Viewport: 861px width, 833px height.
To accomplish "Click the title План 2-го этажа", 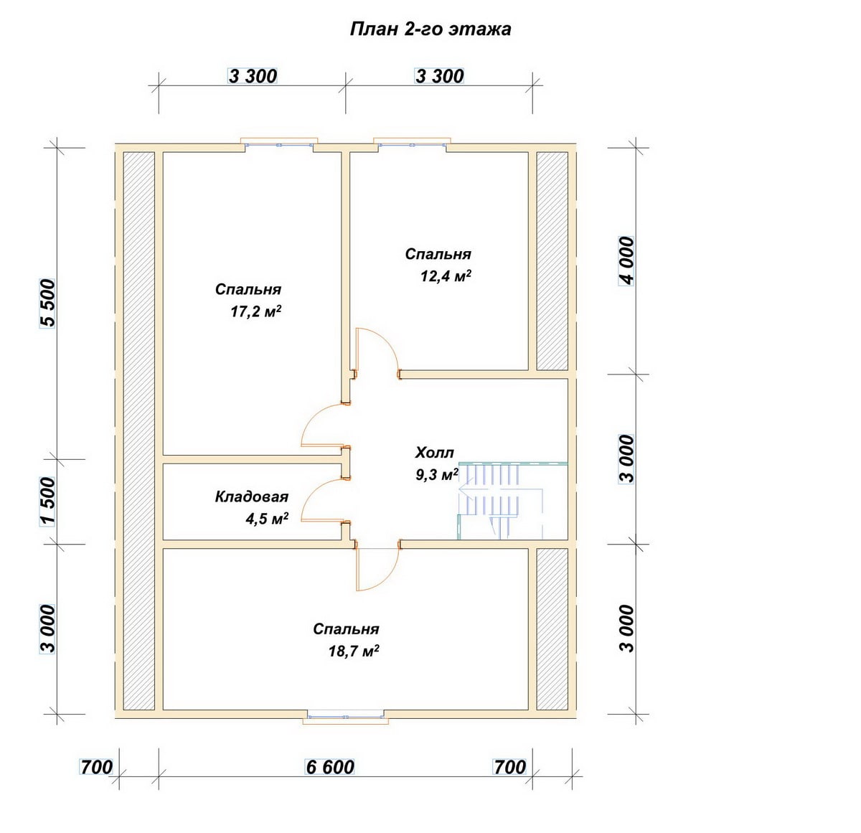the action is point(430,29).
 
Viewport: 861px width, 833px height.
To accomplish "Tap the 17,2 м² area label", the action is point(255,312).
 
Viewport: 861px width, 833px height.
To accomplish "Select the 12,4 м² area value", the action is point(445,276).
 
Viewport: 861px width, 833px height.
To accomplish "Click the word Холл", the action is point(435,453).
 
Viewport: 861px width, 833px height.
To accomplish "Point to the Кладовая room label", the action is point(251,496).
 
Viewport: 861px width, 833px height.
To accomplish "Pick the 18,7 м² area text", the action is point(354,651).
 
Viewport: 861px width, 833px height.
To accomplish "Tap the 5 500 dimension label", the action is point(48,303).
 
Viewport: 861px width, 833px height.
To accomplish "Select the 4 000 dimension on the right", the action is point(626,261).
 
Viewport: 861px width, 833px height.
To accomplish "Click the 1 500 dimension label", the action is point(48,502).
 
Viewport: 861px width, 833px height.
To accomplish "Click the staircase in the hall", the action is point(512,501).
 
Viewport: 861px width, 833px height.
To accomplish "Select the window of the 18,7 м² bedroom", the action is point(346,716).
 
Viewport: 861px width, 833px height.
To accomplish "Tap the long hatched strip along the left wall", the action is point(138,431).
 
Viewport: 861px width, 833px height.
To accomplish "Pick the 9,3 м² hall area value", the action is point(437,475).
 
